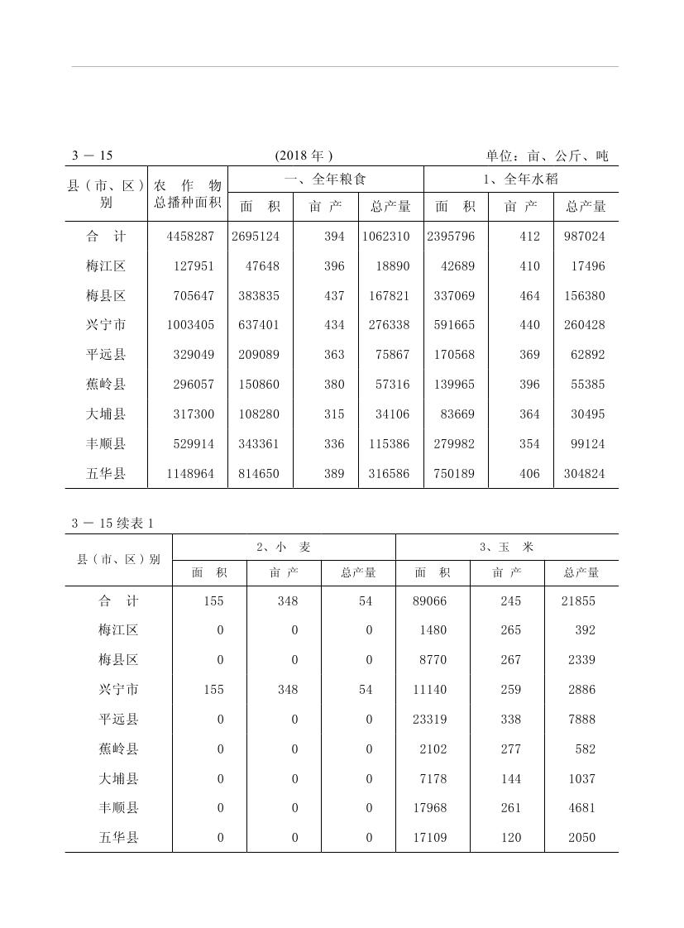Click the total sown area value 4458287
(x=190, y=237)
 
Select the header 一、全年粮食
(x=325, y=179)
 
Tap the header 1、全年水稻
(x=520, y=179)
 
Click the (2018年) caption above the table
(x=304, y=155)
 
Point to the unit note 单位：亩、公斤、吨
(x=547, y=155)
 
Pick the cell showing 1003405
(x=190, y=325)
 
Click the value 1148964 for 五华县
(x=190, y=474)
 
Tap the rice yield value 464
(x=529, y=296)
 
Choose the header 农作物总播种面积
(x=188, y=194)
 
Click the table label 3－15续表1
(x=113, y=523)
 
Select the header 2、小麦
(x=284, y=547)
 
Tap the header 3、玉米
(x=506, y=547)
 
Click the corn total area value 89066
(x=429, y=601)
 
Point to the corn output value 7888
(x=581, y=720)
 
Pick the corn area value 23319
(x=429, y=720)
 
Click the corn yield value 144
(x=511, y=779)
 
